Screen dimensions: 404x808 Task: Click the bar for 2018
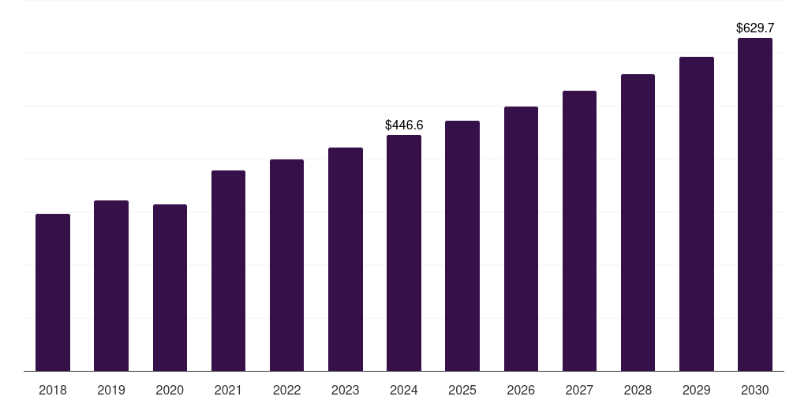pos(53,292)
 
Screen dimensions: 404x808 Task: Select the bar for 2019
pos(111,286)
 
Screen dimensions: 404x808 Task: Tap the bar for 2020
pos(170,287)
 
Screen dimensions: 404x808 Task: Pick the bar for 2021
pos(228,271)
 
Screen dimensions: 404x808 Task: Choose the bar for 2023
pos(346,259)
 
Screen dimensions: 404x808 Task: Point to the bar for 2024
pos(404,252)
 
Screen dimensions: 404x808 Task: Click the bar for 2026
pos(521,238)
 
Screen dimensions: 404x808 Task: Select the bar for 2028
pos(638,223)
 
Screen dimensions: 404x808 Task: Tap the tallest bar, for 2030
pos(755,204)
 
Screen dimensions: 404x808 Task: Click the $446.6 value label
pos(404,125)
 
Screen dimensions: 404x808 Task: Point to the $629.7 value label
pos(755,28)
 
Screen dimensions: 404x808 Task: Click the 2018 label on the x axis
pos(53,390)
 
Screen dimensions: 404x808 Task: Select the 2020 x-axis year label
pos(170,390)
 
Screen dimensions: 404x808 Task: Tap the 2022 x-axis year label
pos(286,390)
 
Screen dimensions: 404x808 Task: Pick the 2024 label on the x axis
pos(404,390)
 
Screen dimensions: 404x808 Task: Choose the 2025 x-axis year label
pos(462,390)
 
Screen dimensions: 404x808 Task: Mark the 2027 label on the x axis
pos(579,390)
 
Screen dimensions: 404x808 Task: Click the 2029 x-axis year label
pos(696,390)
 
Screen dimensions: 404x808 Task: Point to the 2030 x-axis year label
pos(755,390)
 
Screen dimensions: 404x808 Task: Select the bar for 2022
pos(286,265)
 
